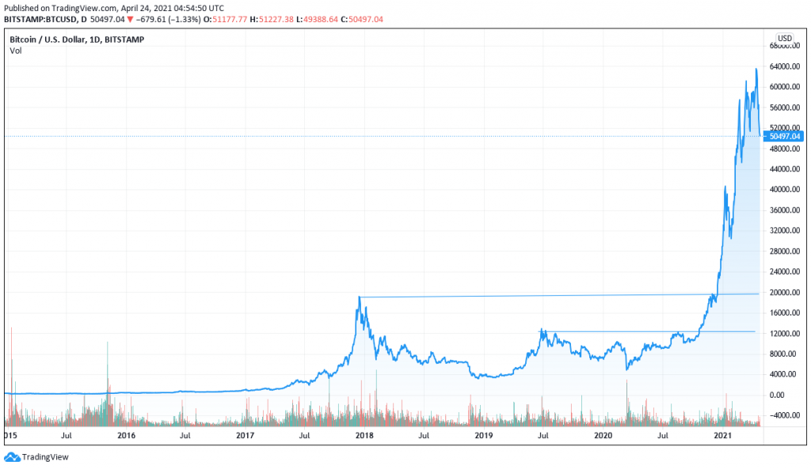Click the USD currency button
pyautogui.click(x=784, y=38)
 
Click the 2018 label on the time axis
pyautogui.click(x=364, y=436)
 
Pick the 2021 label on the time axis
pyautogui.click(x=722, y=436)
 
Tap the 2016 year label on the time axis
pyautogui.click(x=126, y=436)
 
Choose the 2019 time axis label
pyautogui.click(x=484, y=436)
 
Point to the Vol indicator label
pyautogui.click(x=16, y=51)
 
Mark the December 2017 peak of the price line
pyautogui.click(x=360, y=297)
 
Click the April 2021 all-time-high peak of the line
pyautogui.click(x=756, y=69)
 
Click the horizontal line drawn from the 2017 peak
pyautogui.click(x=554, y=295)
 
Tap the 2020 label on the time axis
pyautogui.click(x=603, y=436)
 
